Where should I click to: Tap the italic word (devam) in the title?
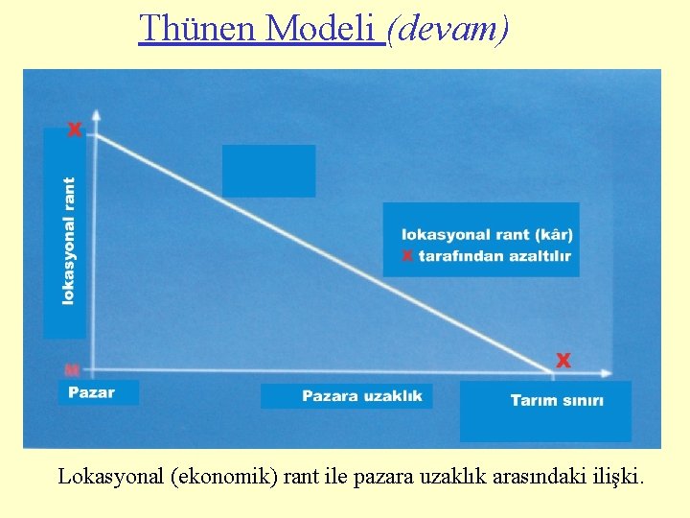[x=448, y=29]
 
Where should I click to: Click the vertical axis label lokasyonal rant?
[x=68, y=241]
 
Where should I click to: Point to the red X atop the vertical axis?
[x=75, y=129]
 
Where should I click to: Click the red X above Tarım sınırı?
[x=563, y=360]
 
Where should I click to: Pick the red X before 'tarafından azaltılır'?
[x=407, y=256]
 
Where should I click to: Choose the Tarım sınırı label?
[x=557, y=400]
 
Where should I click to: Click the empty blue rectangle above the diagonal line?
[x=268, y=171]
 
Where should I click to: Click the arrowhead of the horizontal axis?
[x=607, y=371]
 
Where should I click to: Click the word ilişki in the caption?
[x=617, y=476]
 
